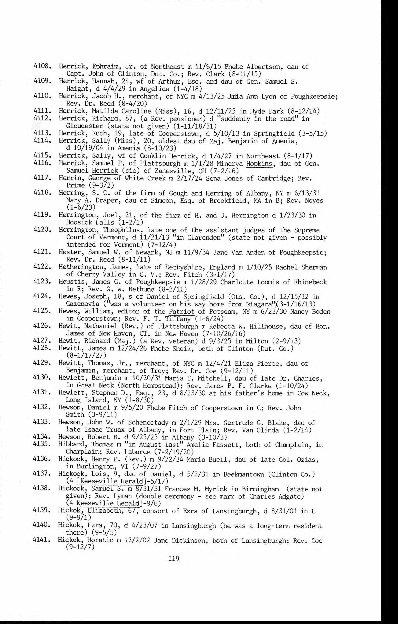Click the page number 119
click(173, 558)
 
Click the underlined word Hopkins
click(260, 164)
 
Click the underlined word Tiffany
click(177, 319)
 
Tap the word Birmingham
click(261, 489)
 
